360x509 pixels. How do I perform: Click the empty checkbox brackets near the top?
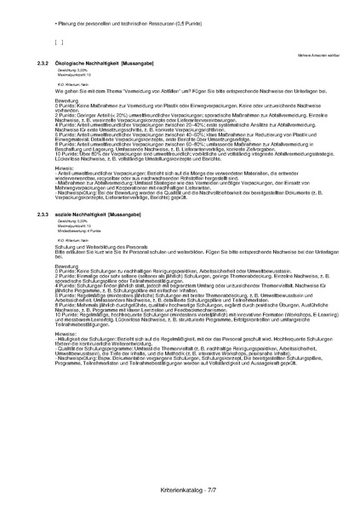59,40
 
